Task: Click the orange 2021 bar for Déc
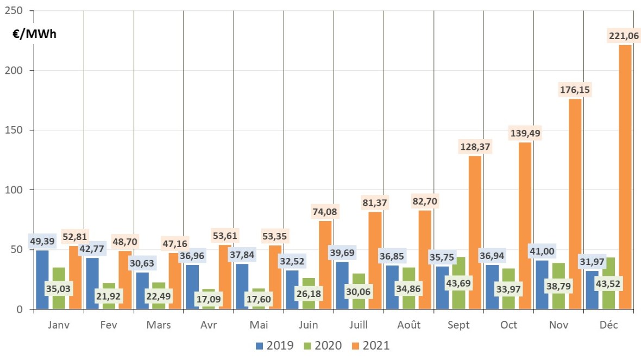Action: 625,179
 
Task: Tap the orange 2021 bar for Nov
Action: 575,206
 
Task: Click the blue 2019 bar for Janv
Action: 42,282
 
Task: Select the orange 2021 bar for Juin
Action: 325,266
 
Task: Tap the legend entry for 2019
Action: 274,345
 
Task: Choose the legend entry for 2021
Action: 369,345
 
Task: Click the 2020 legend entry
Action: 322,345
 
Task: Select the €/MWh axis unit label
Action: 34,34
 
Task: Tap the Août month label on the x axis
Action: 409,325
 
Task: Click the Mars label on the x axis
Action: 159,325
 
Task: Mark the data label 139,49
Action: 525,133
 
